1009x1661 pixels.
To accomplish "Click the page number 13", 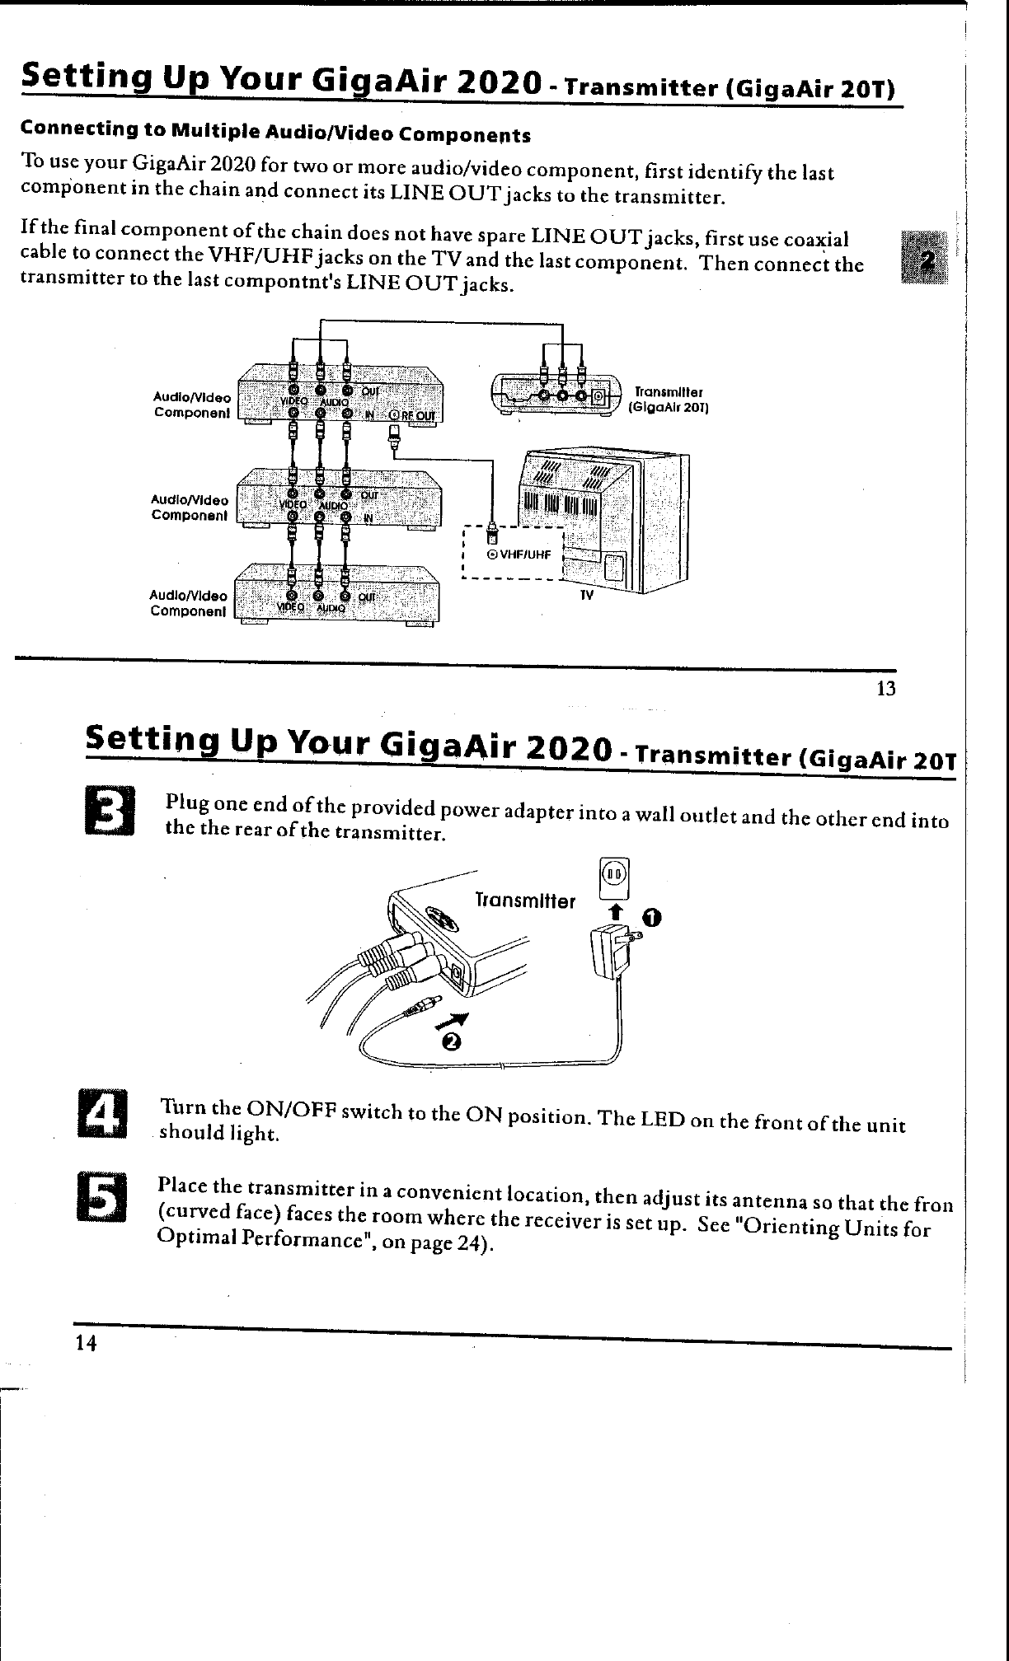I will click(886, 689).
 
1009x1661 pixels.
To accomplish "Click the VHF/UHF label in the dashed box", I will click(521, 554).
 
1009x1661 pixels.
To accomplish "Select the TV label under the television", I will click(586, 595).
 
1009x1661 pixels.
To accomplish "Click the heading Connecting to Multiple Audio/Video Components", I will click(275, 133).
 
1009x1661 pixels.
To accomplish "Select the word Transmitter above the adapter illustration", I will click(525, 901).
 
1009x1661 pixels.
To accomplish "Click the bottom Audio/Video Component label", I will click(188, 604).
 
